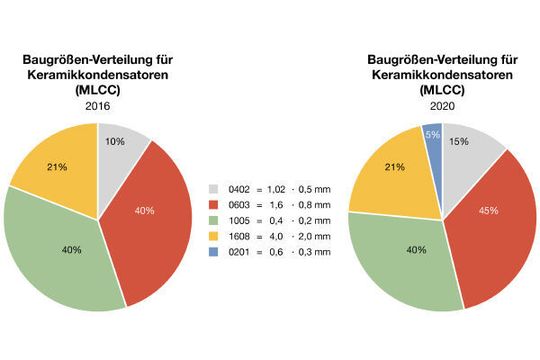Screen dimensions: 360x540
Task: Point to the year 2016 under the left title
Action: click(x=97, y=105)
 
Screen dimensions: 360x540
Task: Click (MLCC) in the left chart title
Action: click(x=97, y=90)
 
